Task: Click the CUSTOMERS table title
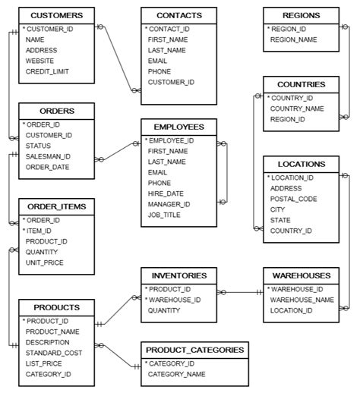pyautogui.click(x=57, y=15)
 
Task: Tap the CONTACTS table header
pyautogui.click(x=179, y=15)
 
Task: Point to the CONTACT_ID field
pyautogui.click(x=169, y=28)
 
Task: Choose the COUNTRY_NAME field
pyautogui.click(x=298, y=108)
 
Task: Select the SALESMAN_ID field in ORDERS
pyautogui.click(x=48, y=156)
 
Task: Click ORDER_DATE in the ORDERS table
pyautogui.click(x=48, y=167)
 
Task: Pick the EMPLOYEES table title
pyautogui.click(x=178, y=126)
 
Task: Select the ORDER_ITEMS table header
pyautogui.click(x=57, y=206)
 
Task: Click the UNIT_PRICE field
pyautogui.click(x=45, y=263)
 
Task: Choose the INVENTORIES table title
pyautogui.click(x=178, y=275)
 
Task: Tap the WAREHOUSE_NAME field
pyautogui.click(x=302, y=300)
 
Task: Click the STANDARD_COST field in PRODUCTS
pyautogui.click(x=55, y=353)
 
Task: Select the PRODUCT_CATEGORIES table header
pyautogui.click(x=194, y=350)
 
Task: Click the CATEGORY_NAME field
pyautogui.click(x=176, y=374)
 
